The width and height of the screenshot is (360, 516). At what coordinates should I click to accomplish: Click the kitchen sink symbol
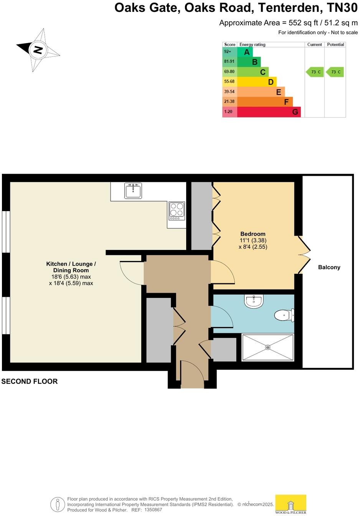[x=133, y=190]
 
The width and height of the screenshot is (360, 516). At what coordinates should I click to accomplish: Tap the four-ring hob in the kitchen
[x=177, y=211]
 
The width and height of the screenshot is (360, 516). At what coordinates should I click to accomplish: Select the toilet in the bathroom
[x=284, y=316]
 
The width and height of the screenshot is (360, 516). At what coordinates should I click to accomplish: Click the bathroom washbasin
[x=254, y=301]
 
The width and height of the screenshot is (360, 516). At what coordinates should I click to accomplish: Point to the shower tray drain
[x=268, y=347]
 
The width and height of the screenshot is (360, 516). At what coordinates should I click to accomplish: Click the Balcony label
[x=329, y=267]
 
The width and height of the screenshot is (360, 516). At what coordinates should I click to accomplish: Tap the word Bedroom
[x=253, y=234]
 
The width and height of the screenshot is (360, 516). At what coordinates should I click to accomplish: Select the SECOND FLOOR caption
[x=30, y=381]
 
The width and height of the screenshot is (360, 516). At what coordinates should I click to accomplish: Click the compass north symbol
[x=38, y=50]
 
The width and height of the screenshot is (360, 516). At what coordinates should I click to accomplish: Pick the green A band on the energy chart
[x=245, y=52]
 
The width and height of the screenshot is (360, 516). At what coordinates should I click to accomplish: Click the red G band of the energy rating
[x=269, y=112]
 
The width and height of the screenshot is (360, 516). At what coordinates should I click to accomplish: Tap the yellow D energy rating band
[x=257, y=82]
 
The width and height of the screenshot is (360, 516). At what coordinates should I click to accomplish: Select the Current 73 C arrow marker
[x=315, y=72]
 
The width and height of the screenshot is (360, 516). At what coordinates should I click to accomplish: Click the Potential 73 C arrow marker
[x=335, y=72]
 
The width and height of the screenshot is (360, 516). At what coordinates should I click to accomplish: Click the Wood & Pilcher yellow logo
[x=291, y=504]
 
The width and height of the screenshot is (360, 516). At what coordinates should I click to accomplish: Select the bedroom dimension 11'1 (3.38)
[x=253, y=240]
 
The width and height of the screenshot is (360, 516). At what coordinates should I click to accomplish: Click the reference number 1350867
[x=153, y=510]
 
